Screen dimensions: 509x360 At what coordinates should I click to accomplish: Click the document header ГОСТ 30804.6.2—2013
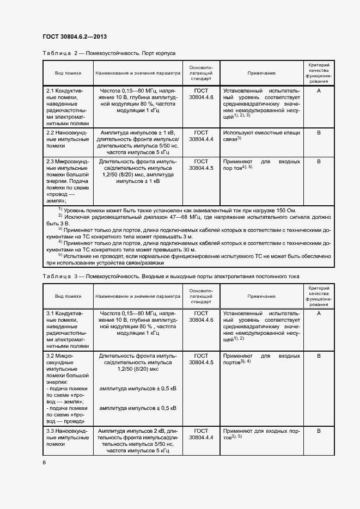point(74,36)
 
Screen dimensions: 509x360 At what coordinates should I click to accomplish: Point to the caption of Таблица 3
point(170,277)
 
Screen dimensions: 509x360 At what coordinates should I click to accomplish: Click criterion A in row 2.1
point(319,90)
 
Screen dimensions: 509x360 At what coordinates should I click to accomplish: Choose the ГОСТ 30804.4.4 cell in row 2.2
point(201,136)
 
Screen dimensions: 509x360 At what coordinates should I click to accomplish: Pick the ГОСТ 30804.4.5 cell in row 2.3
point(201,165)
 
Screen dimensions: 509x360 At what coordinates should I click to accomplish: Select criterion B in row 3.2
point(319,355)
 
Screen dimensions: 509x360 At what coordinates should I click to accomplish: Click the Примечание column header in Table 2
point(261,73)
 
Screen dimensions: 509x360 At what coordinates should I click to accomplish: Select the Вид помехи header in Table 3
point(68,296)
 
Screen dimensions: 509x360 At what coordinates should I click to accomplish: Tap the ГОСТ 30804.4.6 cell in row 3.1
point(201,317)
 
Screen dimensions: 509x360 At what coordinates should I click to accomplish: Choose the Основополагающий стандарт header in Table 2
point(201,73)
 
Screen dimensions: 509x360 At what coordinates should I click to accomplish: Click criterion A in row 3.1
point(319,314)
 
